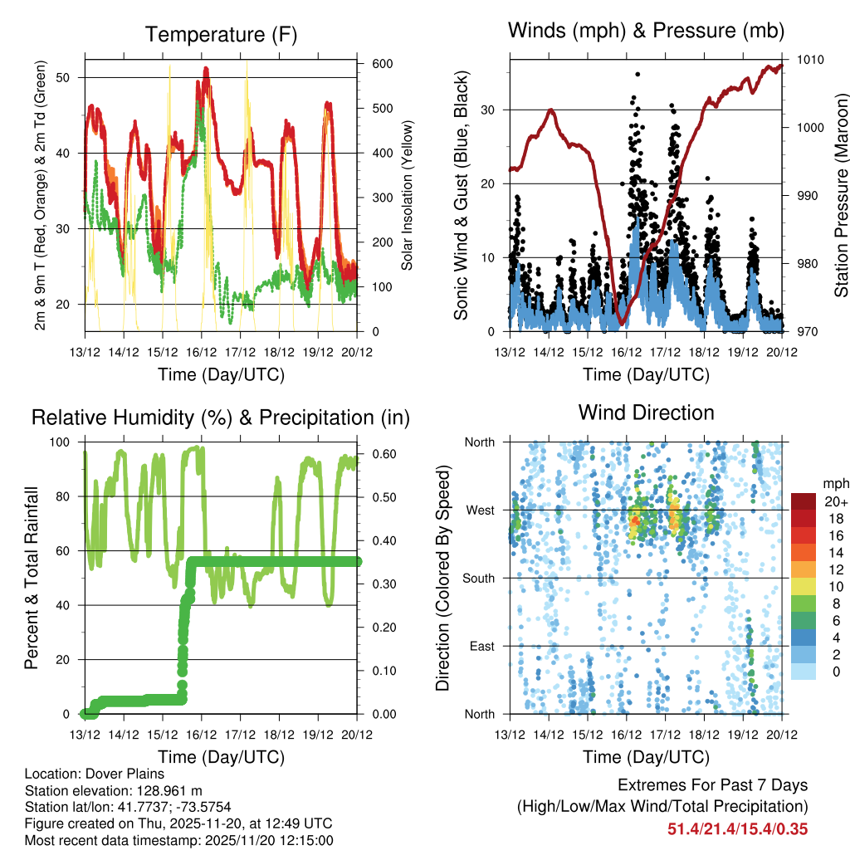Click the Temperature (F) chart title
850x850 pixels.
(x=221, y=35)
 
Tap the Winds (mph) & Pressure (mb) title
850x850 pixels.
(x=646, y=32)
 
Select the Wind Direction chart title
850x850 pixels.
(x=646, y=413)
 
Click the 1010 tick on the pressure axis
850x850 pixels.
(x=810, y=60)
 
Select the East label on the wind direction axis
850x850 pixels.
(x=481, y=646)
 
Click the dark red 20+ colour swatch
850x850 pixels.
(x=803, y=501)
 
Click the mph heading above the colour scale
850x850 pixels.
(x=835, y=483)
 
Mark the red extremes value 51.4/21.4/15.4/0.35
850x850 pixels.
(x=737, y=828)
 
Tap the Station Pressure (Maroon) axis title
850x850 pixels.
(x=841, y=195)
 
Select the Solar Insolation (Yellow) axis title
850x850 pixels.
(x=408, y=195)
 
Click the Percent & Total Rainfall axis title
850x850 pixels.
(x=33, y=578)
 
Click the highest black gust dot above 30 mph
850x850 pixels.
(x=637, y=74)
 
